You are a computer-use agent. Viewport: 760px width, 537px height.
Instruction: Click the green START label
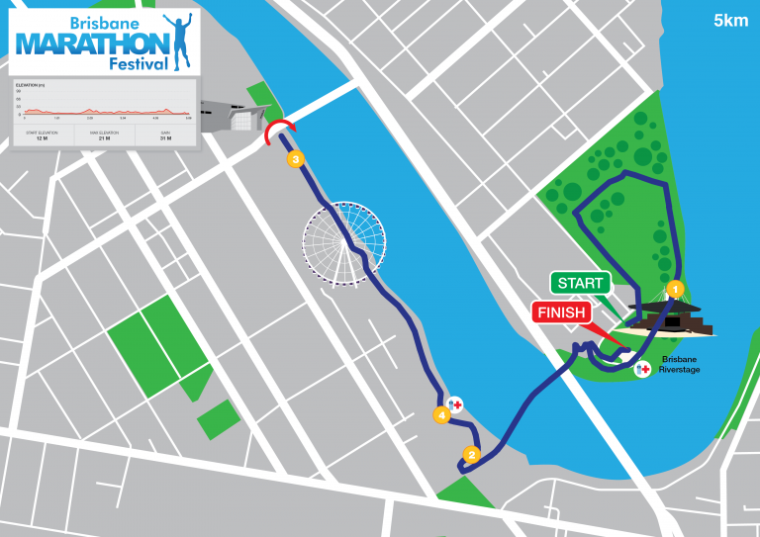pos(580,284)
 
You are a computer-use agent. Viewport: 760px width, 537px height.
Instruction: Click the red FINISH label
pos(561,313)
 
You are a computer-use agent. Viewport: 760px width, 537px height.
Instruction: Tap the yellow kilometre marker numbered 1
pos(674,289)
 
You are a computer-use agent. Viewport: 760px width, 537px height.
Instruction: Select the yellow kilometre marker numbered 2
pos(471,455)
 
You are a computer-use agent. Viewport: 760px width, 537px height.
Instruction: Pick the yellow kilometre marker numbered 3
pos(293,158)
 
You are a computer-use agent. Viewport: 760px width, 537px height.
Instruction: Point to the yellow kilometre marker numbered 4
pos(442,415)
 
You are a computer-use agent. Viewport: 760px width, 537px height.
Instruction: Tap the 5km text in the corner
pos(730,20)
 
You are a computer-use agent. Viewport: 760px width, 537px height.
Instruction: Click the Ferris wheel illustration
pos(345,244)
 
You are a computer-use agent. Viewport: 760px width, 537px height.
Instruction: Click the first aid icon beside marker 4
pos(455,404)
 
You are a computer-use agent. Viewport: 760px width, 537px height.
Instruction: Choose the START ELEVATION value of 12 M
pos(42,137)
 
